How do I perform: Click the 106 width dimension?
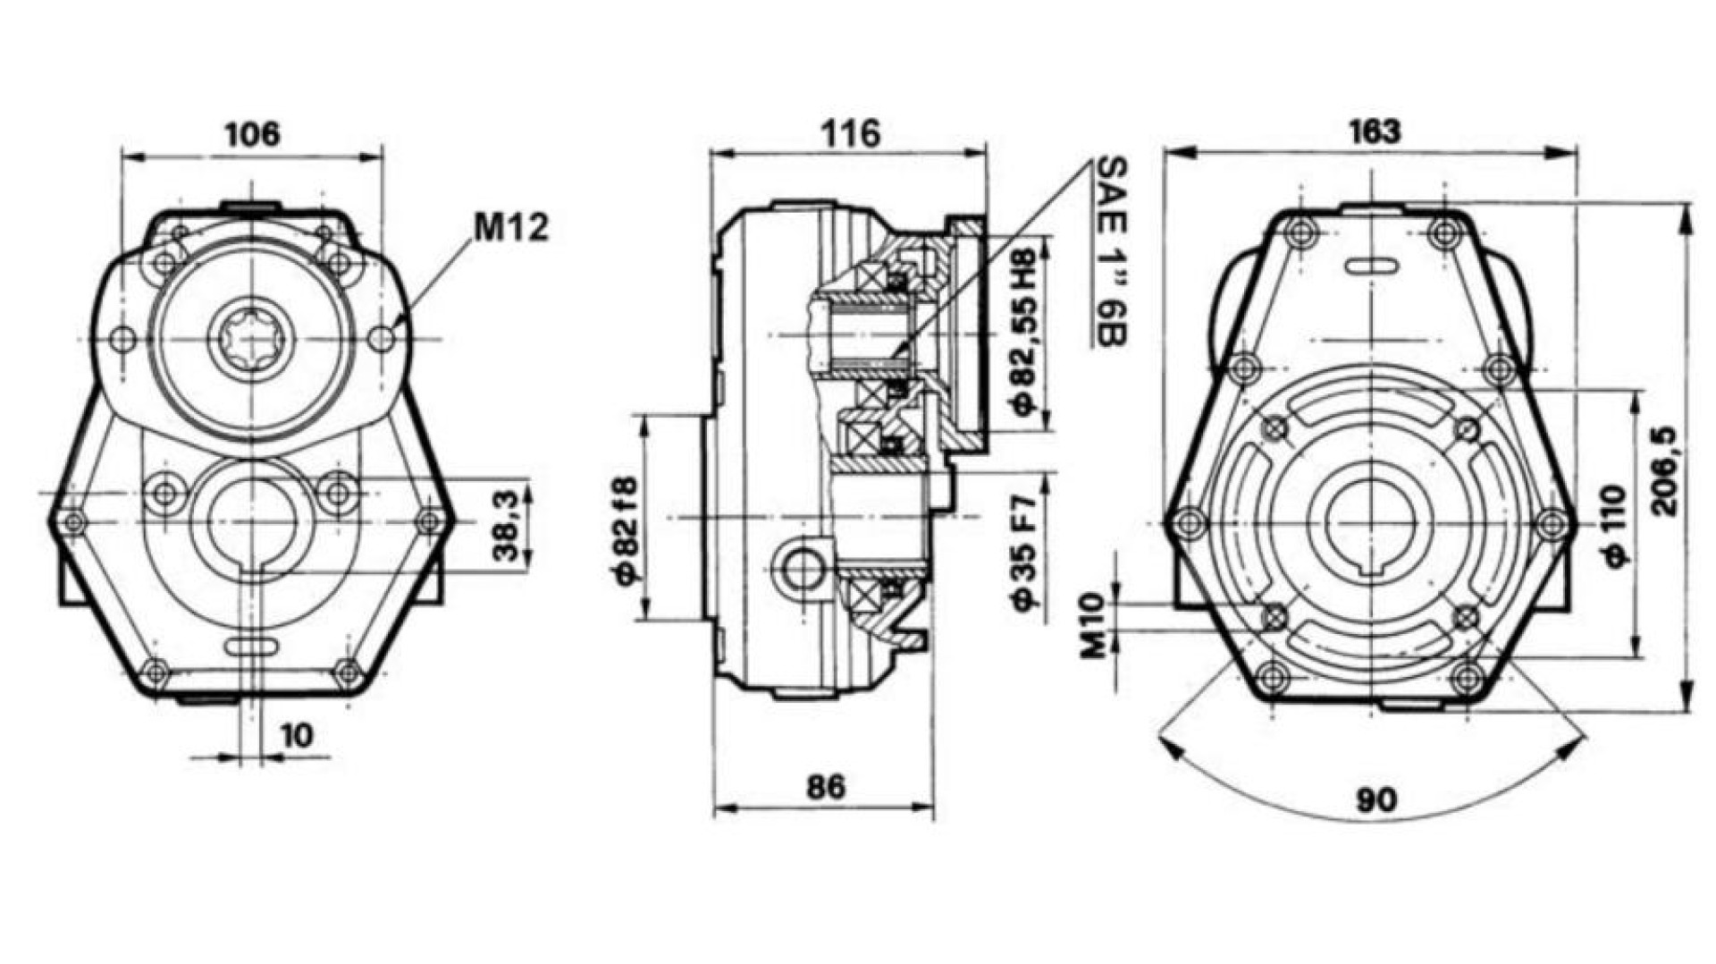pyautogui.click(x=252, y=134)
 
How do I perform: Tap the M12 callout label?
pyautogui.click(x=511, y=228)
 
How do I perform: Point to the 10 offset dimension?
pyautogui.click(x=298, y=735)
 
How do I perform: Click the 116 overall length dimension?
pyautogui.click(x=851, y=134)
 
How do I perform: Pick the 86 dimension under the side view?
pyautogui.click(x=825, y=787)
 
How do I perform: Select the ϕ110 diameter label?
pyautogui.click(x=1614, y=525)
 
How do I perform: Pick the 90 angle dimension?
pyautogui.click(x=1375, y=799)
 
